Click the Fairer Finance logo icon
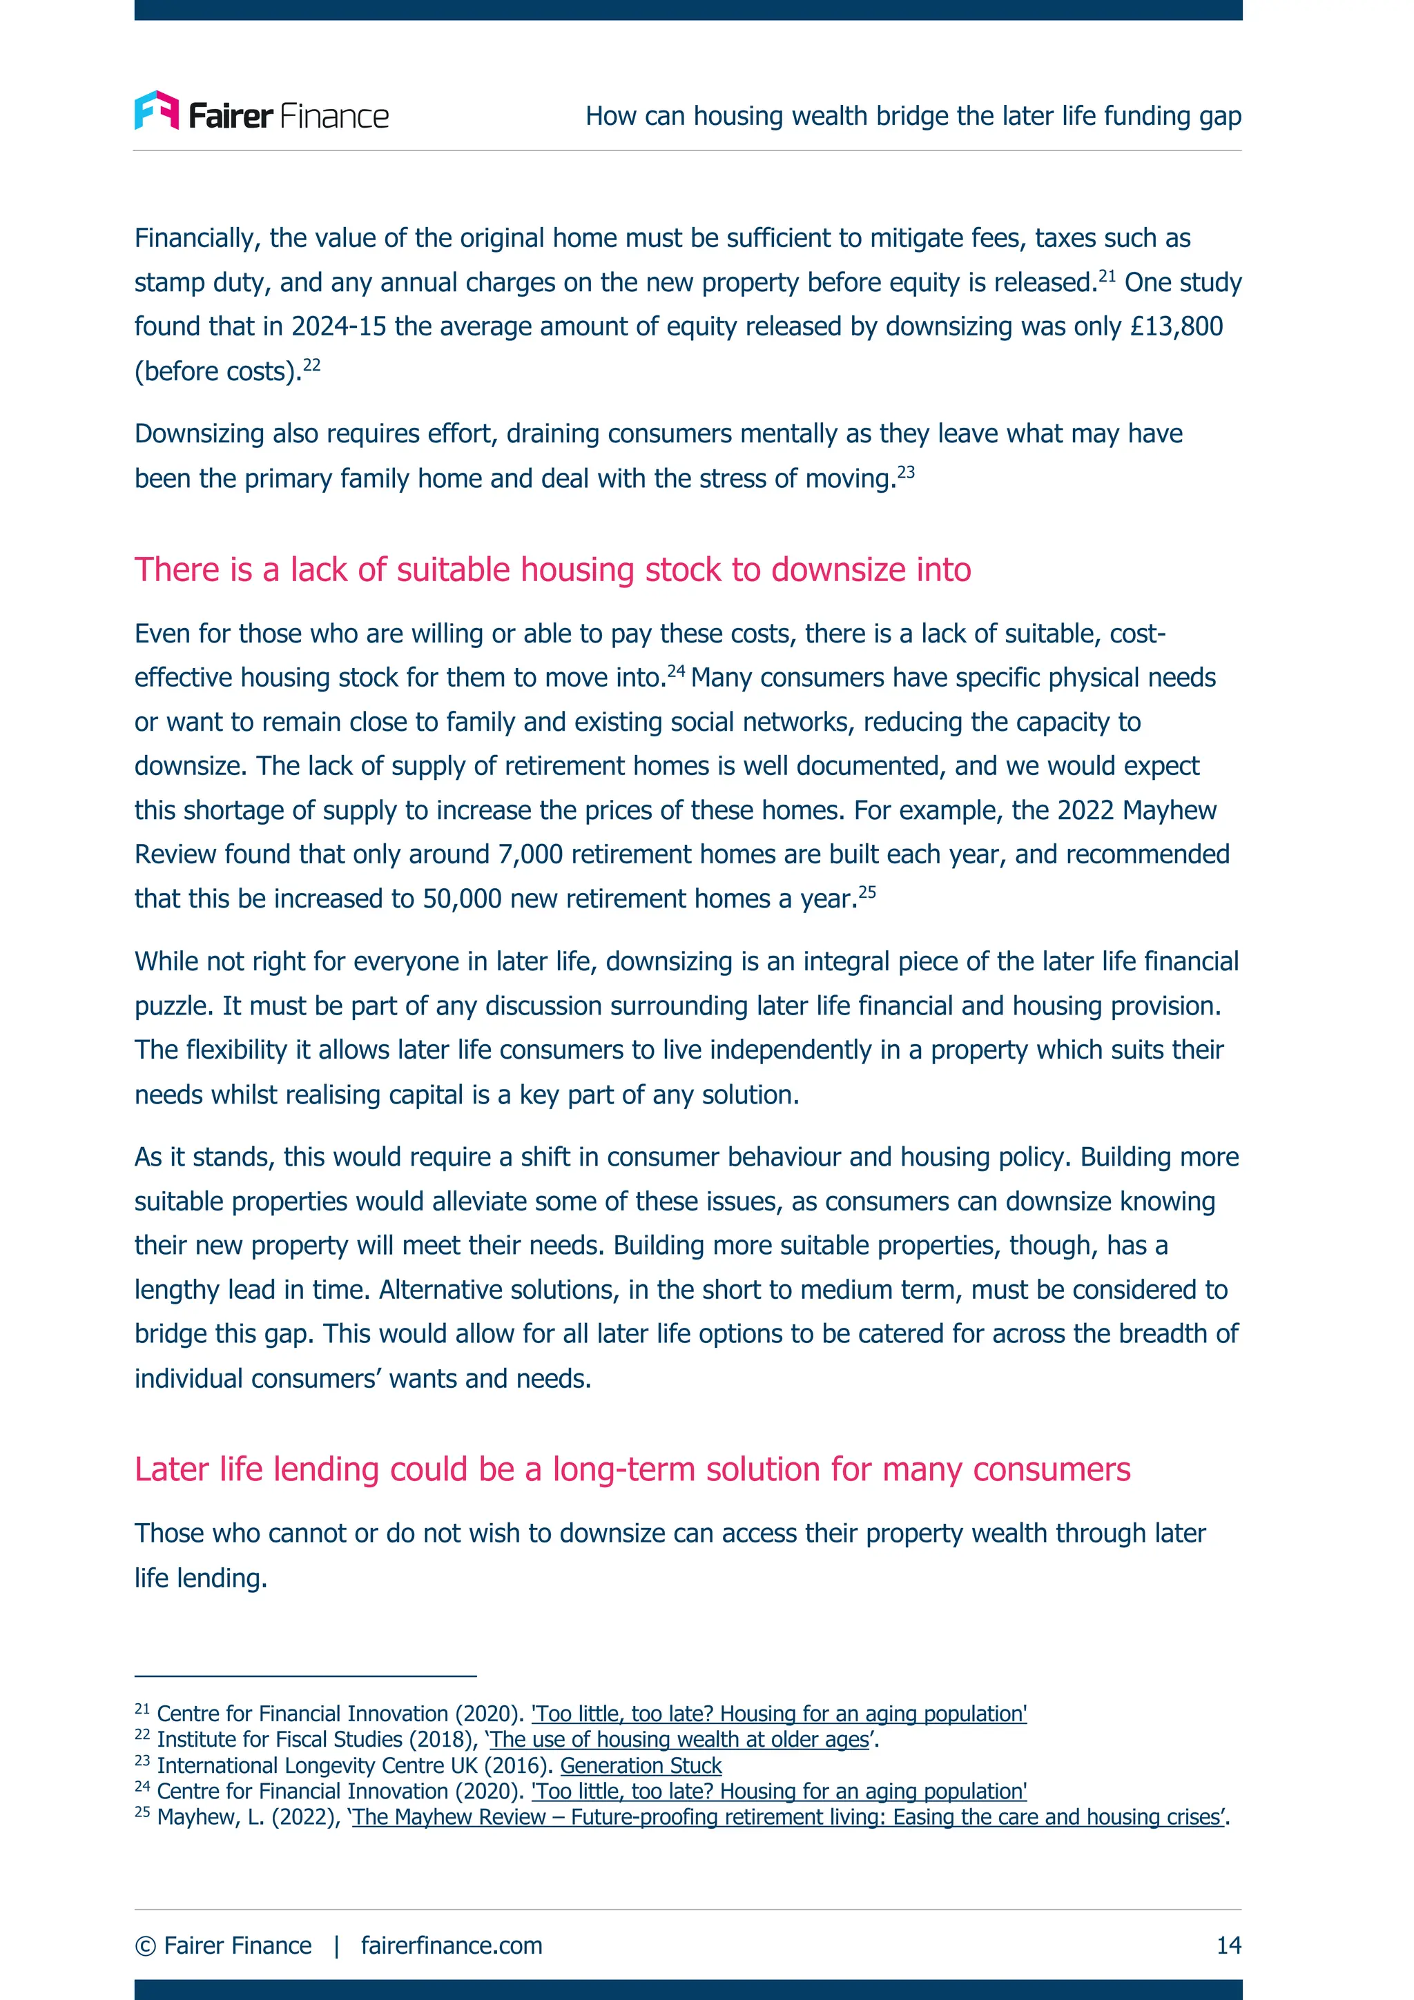pos(156,110)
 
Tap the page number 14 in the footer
pos(1228,1945)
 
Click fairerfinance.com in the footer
pos(452,1945)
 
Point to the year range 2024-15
pos(338,326)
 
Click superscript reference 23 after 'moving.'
pos(906,472)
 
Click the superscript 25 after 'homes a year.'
pos(867,892)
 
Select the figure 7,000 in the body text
pos(530,854)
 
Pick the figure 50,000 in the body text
pos(463,899)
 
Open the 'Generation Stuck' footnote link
pos(640,1765)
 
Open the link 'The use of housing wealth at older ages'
pos(679,1740)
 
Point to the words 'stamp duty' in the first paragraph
pos(203,283)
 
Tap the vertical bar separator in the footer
pos(336,1945)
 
